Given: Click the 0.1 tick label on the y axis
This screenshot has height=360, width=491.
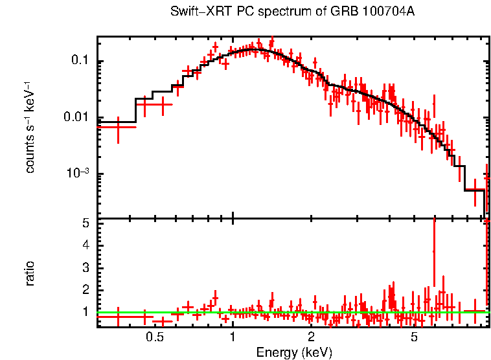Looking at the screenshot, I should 79,62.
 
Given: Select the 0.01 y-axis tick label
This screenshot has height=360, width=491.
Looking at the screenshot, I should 76,118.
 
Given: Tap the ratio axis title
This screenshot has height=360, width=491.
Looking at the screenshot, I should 30,274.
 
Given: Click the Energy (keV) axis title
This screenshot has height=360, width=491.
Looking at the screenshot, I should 294,352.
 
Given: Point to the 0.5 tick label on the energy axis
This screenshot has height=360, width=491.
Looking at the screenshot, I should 154,337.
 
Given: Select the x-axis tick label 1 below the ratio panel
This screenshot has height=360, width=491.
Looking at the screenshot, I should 233,337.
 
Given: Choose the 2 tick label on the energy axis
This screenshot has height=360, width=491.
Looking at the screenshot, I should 311,337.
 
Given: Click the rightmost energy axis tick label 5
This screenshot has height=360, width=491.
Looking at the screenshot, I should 415,337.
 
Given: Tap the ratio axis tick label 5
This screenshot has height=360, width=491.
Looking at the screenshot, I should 86,223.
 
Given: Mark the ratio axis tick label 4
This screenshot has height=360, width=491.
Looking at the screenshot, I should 86,245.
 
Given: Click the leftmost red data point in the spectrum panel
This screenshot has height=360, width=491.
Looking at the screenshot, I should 117,127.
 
